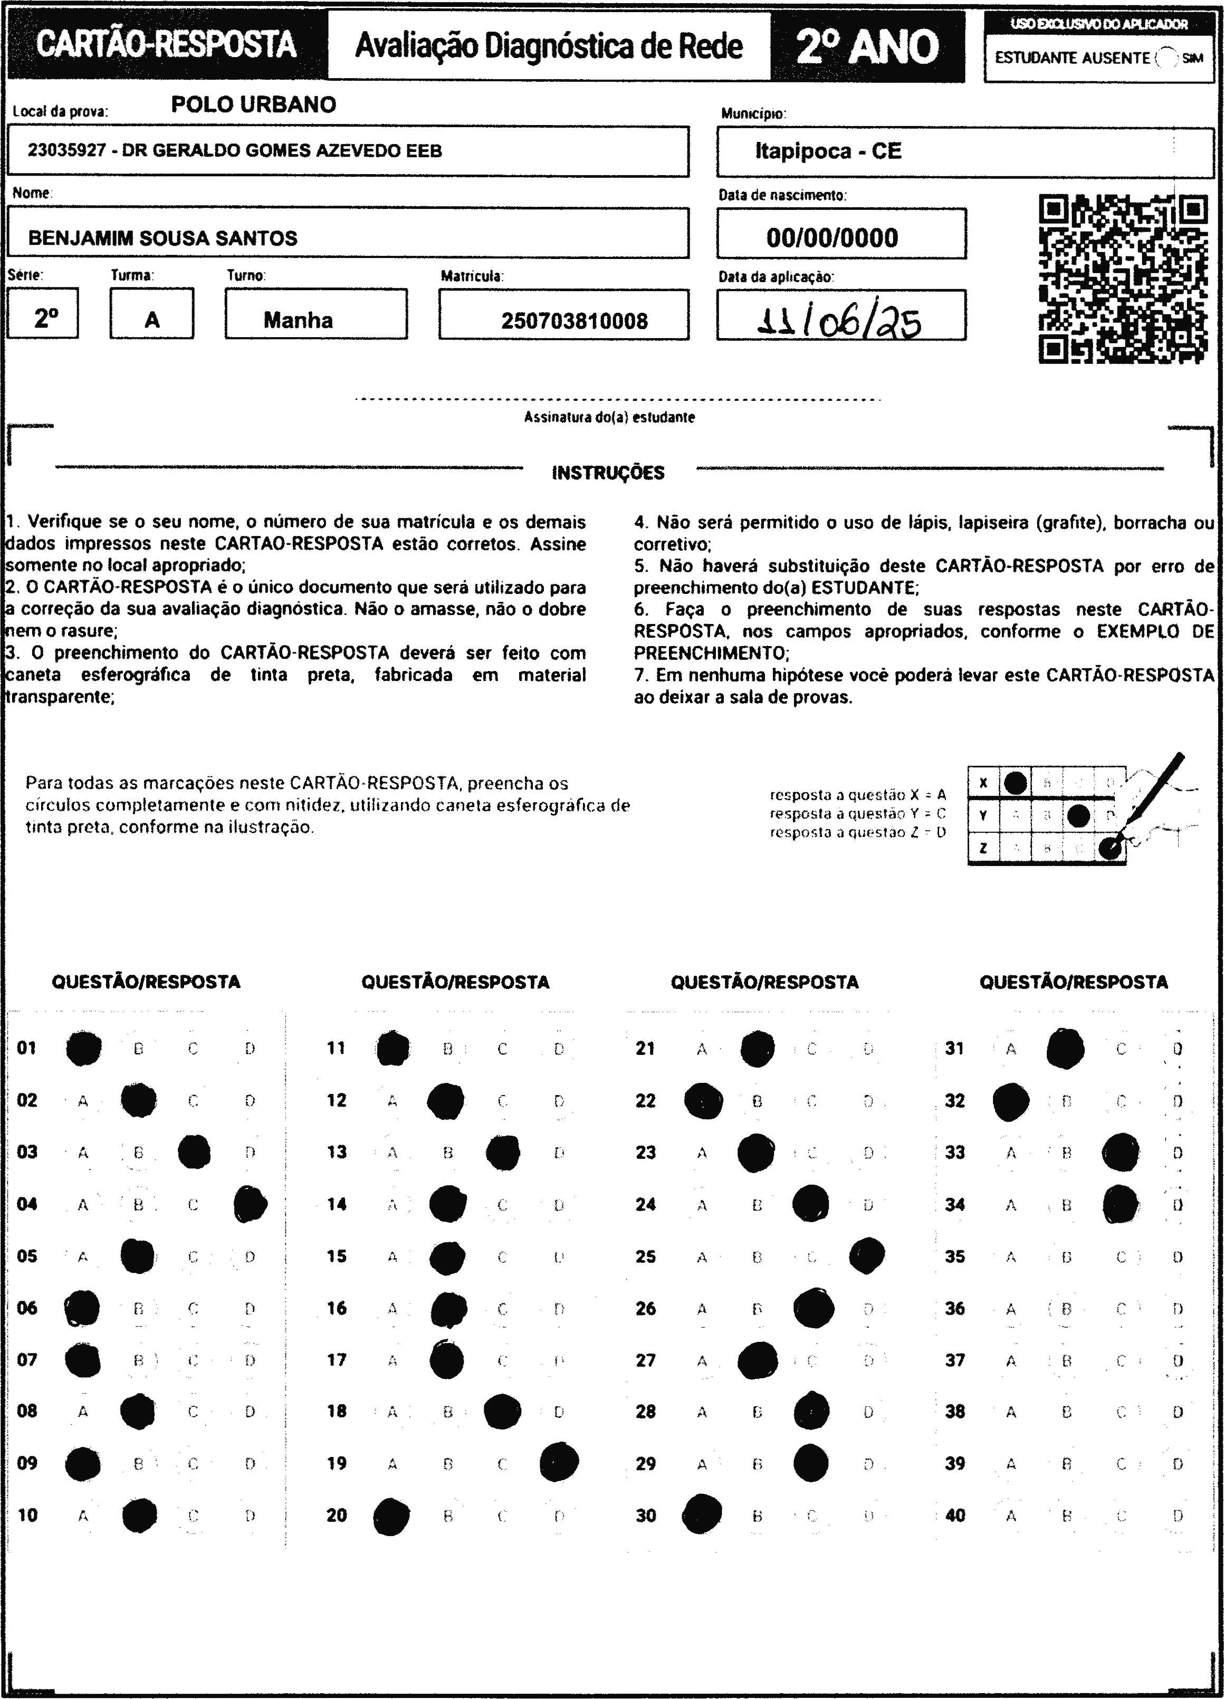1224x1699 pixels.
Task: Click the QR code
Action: click(1123, 279)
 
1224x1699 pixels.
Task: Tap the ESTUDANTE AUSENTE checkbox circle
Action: click(1165, 57)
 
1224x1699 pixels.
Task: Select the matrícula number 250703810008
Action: click(574, 321)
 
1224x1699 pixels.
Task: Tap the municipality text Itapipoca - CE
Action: click(828, 151)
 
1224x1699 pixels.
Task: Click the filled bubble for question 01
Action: click(83, 1048)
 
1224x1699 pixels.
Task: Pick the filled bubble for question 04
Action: click(250, 1204)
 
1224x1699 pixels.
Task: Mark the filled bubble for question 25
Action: click(867, 1255)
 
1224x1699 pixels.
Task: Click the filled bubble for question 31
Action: click(1065, 1048)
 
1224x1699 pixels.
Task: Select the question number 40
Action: click(955, 1515)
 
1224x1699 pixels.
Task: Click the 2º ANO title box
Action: click(867, 46)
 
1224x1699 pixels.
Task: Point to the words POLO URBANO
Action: click(253, 104)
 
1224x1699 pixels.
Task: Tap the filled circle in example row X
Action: click(1015, 783)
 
